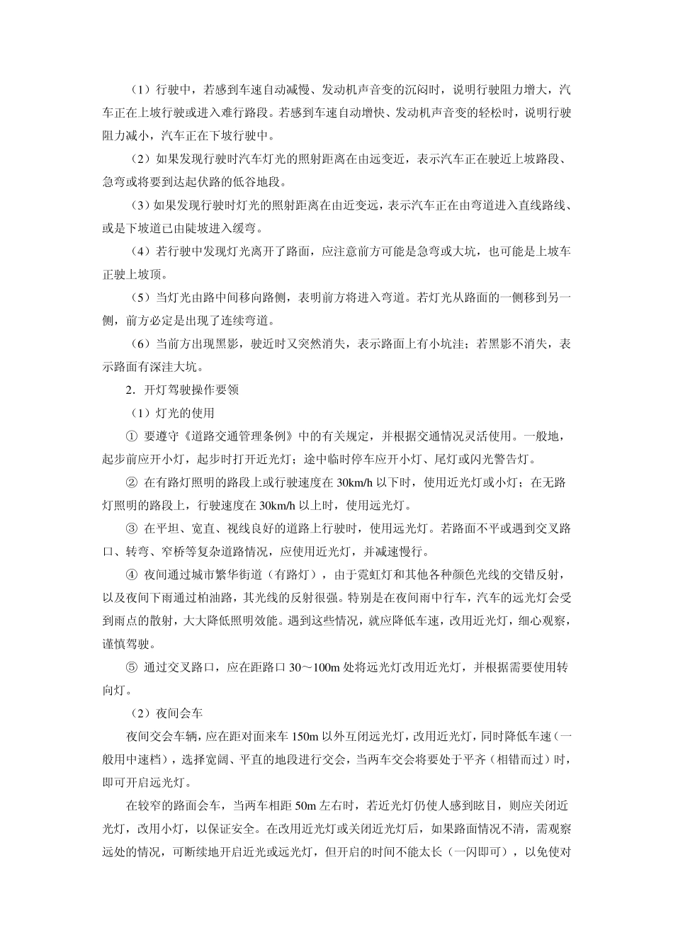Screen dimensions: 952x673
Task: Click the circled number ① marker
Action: (x=131, y=436)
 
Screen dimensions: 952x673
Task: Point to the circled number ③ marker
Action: (x=131, y=528)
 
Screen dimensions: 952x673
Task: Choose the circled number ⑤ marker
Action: (x=131, y=667)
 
